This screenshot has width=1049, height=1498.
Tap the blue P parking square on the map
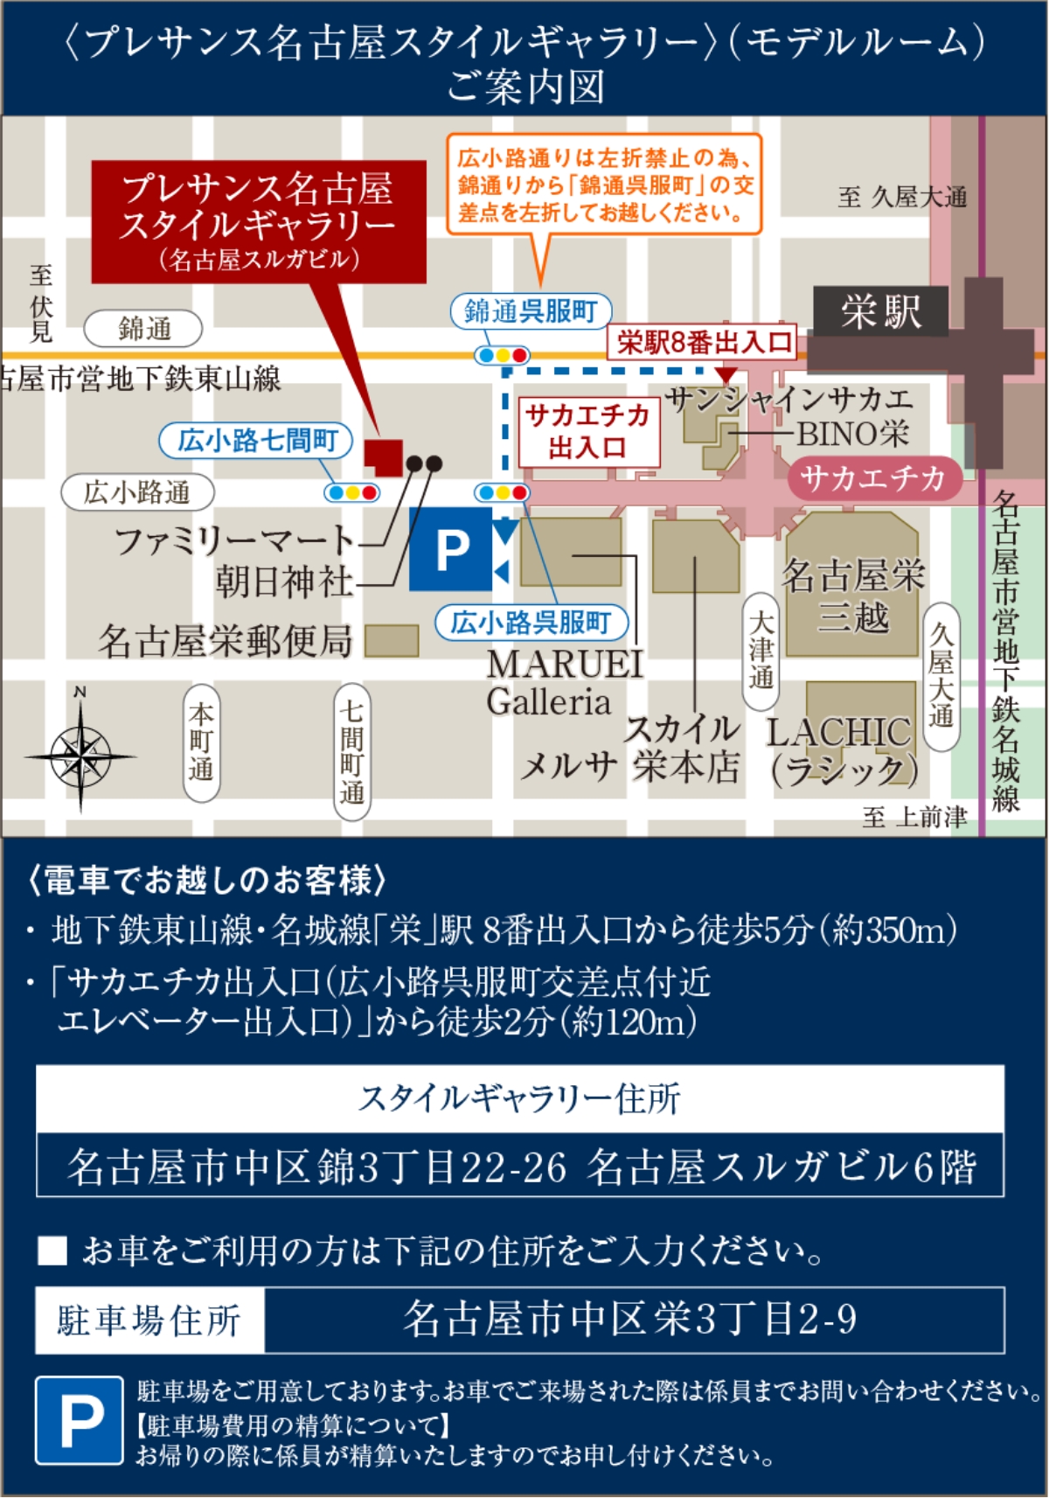[451, 550]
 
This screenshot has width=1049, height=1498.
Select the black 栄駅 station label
[880, 311]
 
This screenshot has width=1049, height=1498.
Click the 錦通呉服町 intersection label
[531, 310]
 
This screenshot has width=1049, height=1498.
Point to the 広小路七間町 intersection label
[256, 440]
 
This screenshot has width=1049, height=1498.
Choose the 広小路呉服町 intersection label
[531, 622]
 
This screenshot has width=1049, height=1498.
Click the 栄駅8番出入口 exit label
[704, 342]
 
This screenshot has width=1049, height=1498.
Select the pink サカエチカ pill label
[873, 477]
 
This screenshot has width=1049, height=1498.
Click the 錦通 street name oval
[143, 329]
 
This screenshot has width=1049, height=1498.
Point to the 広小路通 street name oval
[137, 492]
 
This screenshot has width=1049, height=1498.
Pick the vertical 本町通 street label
[201, 742]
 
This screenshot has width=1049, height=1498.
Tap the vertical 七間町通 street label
[351, 751]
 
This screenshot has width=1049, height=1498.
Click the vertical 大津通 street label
[761, 651]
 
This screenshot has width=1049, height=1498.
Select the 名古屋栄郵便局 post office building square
[391, 641]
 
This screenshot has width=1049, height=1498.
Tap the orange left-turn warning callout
[604, 185]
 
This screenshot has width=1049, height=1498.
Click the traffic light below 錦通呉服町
[502, 355]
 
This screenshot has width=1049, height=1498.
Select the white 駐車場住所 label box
[149, 1320]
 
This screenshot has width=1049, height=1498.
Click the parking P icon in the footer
[80, 1420]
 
